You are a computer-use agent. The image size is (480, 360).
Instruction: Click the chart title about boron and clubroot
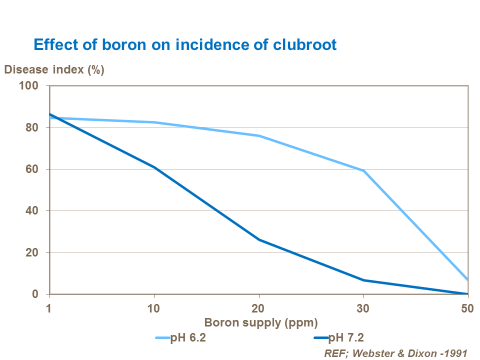coord(184,44)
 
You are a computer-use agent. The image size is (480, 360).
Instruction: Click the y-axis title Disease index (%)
coord(54,69)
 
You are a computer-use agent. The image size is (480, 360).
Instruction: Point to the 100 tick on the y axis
coord(29,85)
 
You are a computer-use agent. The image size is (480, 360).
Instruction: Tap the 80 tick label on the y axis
coord(32,127)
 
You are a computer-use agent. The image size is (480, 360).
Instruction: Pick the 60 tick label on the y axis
coord(32,169)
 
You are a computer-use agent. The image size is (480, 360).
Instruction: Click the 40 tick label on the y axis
coord(32,211)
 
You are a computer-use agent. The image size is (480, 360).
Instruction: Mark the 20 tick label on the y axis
coord(32,252)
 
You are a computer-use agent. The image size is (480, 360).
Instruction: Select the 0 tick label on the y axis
coord(35,294)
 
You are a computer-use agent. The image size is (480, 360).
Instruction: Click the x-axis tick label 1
coord(49,308)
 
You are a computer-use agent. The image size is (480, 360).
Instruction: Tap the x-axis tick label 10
coord(154,308)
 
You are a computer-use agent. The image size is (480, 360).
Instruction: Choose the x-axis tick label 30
coord(363,308)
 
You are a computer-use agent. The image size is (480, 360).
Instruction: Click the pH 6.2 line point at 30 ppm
coord(363,171)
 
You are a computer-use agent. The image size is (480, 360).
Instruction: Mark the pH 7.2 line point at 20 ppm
coord(258,240)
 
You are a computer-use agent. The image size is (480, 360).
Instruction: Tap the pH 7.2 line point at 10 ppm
coord(154,167)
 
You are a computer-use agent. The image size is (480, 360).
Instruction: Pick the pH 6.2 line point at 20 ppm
coord(258,135)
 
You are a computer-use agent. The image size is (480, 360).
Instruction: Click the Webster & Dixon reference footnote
coord(395,353)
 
